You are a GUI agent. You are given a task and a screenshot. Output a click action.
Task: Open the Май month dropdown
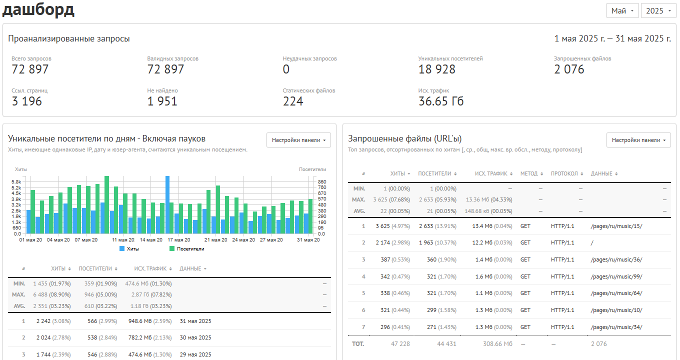click(x=622, y=11)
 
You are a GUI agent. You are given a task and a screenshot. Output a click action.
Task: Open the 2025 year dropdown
click(x=658, y=11)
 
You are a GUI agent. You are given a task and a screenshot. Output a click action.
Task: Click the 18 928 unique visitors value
click(x=437, y=69)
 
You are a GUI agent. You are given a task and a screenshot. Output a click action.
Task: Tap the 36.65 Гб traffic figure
click(x=441, y=101)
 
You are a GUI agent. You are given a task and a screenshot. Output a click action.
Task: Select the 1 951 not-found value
click(x=162, y=101)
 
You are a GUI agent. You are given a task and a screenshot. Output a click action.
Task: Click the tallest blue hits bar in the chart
click(x=167, y=204)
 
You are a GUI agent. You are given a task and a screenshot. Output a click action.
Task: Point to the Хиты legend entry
click(x=129, y=249)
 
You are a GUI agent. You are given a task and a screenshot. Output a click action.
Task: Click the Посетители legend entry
click(x=187, y=249)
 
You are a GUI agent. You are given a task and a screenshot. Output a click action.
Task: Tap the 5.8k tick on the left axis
click(x=16, y=182)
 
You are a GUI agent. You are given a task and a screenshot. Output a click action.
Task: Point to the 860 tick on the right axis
click(x=322, y=182)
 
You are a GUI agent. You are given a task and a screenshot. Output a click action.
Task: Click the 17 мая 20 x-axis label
click(x=179, y=240)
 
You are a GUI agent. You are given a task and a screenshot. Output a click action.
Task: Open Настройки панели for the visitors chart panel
click(x=298, y=140)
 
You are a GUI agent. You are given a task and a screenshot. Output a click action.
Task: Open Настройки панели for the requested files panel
click(x=638, y=140)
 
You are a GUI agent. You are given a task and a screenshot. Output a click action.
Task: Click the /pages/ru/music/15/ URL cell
click(x=616, y=226)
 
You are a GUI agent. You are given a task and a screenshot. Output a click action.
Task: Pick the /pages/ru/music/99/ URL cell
click(x=616, y=276)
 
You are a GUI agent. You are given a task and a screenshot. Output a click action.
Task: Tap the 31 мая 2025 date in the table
click(x=195, y=321)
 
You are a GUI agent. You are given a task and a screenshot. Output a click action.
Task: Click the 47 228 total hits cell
click(x=400, y=344)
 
